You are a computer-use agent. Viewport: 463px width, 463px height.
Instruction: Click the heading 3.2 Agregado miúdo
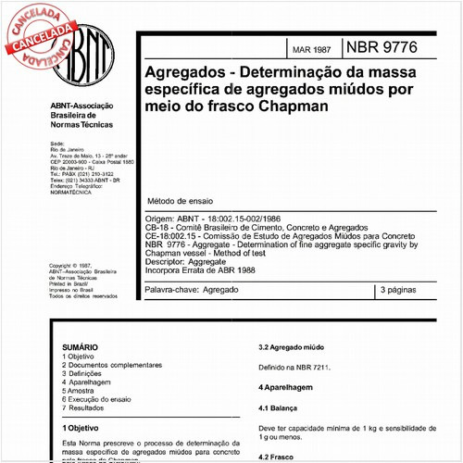[295, 348]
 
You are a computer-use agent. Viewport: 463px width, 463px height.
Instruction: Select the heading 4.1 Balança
[278, 407]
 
